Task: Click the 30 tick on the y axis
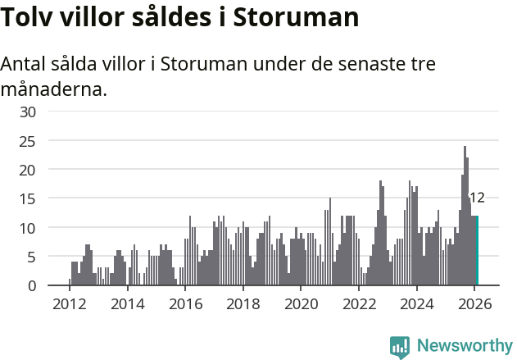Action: tap(28, 112)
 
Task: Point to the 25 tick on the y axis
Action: tap(28, 140)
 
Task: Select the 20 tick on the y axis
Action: tap(28, 170)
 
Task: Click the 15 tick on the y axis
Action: tap(28, 198)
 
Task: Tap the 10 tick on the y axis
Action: tap(28, 227)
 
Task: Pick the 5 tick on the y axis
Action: tap(32, 257)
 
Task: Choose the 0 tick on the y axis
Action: tap(32, 285)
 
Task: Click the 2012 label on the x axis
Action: tap(69, 303)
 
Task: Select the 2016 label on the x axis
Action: tap(185, 303)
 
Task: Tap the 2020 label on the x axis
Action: tap(301, 303)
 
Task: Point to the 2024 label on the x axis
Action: tap(416, 303)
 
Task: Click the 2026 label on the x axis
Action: tap(474, 303)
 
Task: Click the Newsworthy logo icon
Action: tap(400, 347)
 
